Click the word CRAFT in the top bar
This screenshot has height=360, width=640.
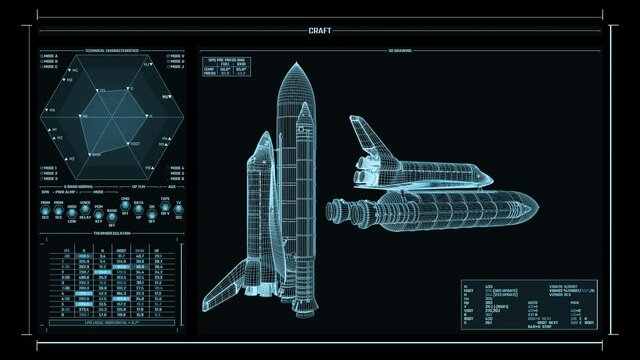320,31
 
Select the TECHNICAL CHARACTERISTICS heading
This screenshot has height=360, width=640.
111,50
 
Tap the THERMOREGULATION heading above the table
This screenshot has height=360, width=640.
111,236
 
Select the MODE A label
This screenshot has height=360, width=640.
49,56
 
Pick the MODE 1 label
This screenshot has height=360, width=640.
49,167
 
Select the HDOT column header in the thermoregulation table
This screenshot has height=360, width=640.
121,250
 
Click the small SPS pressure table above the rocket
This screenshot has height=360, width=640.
226,66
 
